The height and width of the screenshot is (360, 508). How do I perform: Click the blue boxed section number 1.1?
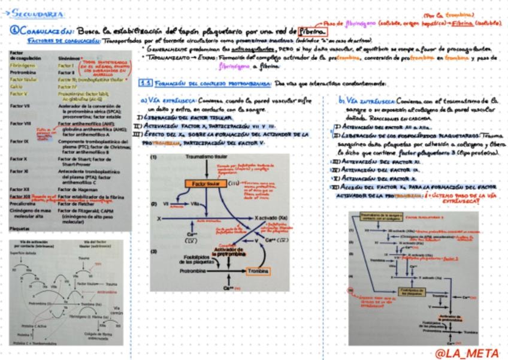click(x=144, y=83)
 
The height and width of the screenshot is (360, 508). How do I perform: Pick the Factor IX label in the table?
click(x=19, y=141)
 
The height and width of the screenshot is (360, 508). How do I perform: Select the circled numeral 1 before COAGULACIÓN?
click(x=13, y=30)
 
